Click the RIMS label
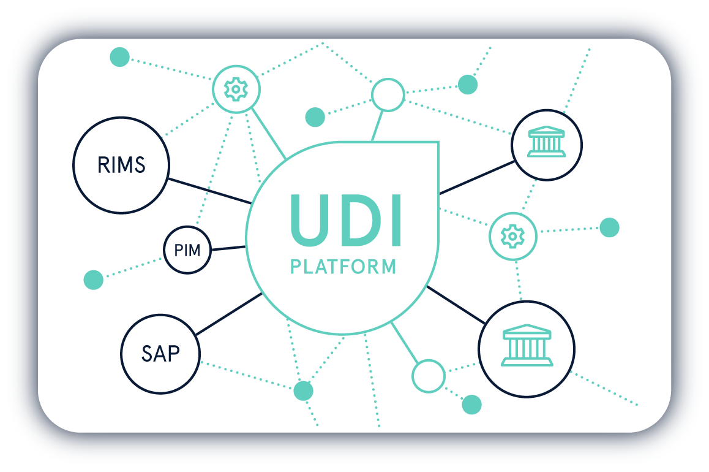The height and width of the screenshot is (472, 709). pos(121,165)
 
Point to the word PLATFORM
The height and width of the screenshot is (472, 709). pos(343,267)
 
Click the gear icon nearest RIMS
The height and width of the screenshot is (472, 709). pos(236,89)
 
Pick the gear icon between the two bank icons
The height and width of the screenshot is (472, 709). pos(512,236)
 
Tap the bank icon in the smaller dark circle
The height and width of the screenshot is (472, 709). pos(547,141)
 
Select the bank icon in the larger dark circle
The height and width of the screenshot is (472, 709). pos(527,345)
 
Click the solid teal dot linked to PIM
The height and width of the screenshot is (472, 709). pos(94,280)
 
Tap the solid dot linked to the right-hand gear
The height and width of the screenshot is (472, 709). pos(610,227)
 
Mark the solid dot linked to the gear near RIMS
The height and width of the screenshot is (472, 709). pos(120,57)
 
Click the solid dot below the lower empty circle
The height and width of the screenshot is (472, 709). pos(471,405)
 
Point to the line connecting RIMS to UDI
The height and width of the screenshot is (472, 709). pos(209,191)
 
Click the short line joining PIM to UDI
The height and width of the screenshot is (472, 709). pos(228,248)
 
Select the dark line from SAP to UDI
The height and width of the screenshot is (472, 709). pos(229,314)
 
